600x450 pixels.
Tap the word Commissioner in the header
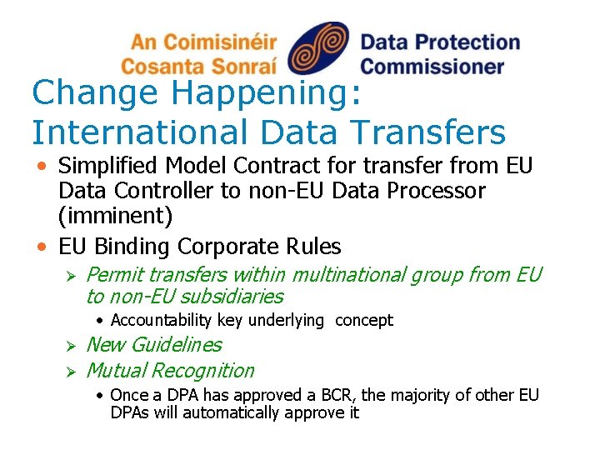(x=432, y=66)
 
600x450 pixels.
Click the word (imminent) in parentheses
(x=115, y=217)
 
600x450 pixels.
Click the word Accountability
(x=162, y=320)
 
